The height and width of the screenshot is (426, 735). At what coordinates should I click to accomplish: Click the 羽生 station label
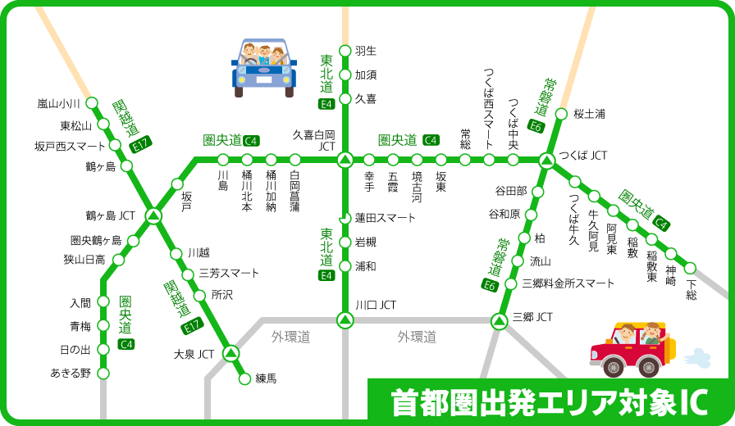point(365,51)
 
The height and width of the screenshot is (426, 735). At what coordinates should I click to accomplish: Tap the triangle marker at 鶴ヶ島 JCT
point(153,215)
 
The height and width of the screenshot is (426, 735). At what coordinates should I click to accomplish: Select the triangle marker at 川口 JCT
point(345,319)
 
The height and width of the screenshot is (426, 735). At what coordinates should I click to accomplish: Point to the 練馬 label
point(267,378)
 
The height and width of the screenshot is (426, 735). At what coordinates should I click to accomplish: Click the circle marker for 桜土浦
point(561,114)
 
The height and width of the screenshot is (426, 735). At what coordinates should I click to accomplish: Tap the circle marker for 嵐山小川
point(92,104)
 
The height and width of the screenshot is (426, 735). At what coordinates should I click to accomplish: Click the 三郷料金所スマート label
point(568,283)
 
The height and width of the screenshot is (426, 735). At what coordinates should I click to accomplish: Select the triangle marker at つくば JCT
point(546,158)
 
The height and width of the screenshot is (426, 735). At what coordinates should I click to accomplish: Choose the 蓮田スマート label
point(385,219)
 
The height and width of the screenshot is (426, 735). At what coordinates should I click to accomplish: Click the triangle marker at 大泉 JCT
point(231,354)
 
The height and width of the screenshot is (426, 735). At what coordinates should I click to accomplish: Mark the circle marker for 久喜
point(345,99)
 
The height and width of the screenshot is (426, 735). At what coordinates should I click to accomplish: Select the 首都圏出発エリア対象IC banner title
point(549,402)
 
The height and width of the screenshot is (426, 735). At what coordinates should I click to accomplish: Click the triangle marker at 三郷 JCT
point(499,321)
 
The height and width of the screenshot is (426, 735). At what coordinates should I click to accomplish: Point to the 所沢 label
point(222,294)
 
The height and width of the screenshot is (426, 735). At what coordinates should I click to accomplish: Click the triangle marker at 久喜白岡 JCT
point(345,158)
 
